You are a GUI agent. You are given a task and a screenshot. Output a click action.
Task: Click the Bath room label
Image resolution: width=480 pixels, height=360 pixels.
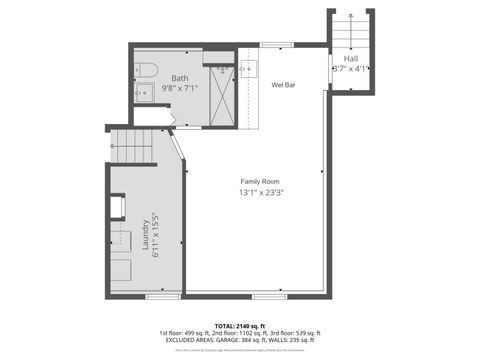click(x=180, y=78)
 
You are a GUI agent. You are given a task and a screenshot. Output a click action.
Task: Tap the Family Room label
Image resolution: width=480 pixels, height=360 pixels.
click(x=258, y=180)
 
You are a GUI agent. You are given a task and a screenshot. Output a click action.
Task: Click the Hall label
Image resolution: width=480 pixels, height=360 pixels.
click(x=351, y=59)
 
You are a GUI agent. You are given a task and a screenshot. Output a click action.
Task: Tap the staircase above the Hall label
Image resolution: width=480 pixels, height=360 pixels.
click(x=351, y=32)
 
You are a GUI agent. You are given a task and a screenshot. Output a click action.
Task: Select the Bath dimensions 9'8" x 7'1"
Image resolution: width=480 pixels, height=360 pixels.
click(x=180, y=88)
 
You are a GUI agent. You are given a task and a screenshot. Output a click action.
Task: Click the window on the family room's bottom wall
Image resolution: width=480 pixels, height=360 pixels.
click(x=268, y=296)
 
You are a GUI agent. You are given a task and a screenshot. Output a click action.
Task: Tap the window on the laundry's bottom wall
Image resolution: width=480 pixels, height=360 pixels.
click(x=162, y=296)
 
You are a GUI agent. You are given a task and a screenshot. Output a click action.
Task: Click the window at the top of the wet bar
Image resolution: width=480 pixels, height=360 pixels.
click(x=277, y=44)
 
